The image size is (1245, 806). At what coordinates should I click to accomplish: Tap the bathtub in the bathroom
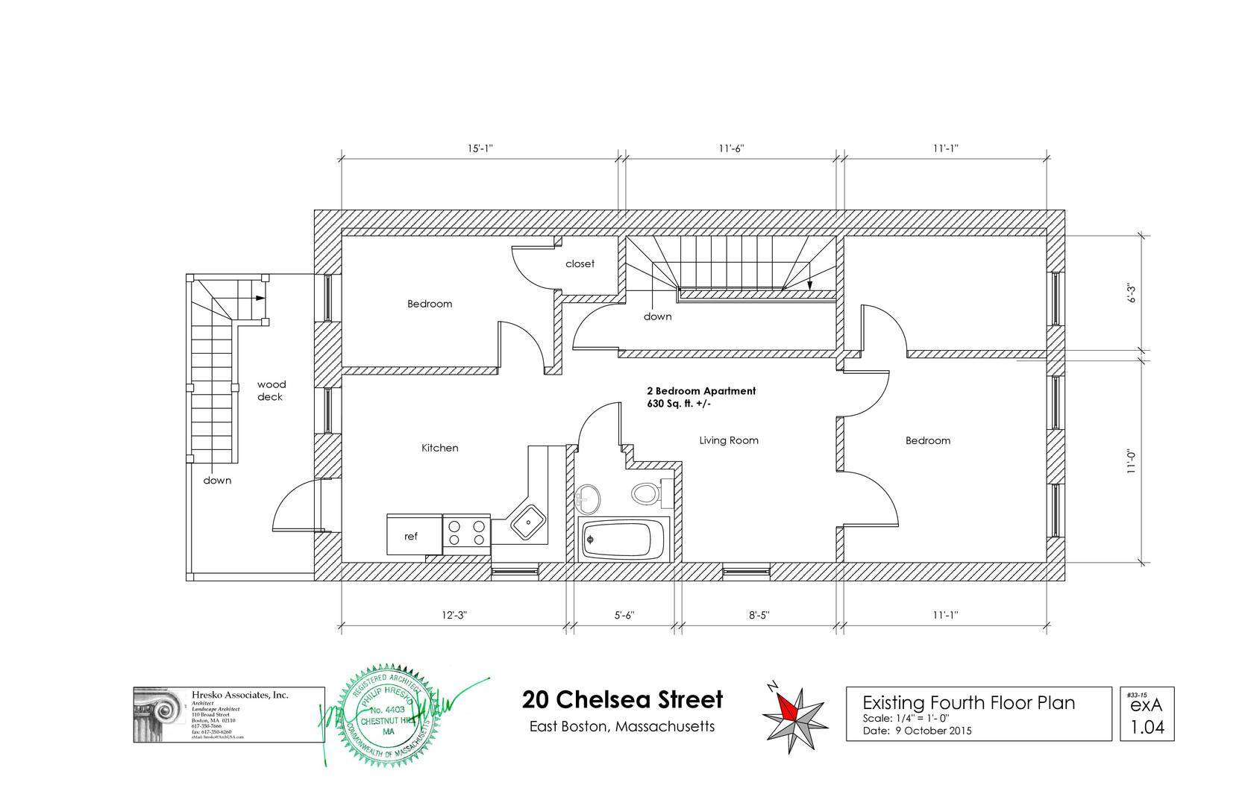pos(621,539)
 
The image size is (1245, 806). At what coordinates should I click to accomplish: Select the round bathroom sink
pos(588,498)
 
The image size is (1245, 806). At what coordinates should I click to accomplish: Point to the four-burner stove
pos(466,533)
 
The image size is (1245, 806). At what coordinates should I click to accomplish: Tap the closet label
pos(580,263)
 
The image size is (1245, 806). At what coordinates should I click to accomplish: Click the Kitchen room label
pos(439,448)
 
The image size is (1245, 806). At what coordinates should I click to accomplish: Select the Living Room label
pos(728,440)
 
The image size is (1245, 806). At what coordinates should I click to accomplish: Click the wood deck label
pos(271,391)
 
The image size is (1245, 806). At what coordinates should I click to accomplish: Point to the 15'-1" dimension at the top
pos(480,149)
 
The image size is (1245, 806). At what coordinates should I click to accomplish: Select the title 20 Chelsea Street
pos(622,699)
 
